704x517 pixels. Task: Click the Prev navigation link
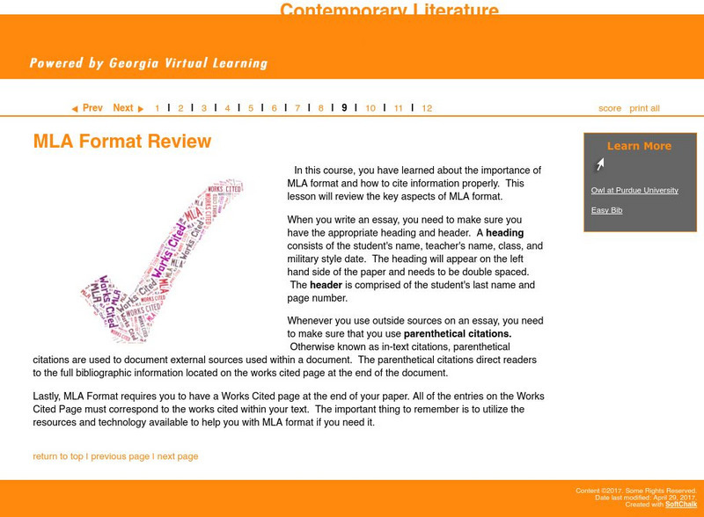[87, 108]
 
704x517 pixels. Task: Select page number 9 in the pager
[344, 108]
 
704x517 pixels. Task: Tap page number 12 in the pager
[427, 108]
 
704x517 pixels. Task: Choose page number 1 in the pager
[158, 108]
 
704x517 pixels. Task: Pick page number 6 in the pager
[274, 108]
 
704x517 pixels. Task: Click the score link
[610, 108]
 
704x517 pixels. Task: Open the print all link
[644, 108]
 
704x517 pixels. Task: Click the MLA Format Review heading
[122, 142]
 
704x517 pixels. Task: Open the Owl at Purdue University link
[634, 190]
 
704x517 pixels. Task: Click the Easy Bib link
[606, 210]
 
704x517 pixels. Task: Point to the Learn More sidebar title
[639, 146]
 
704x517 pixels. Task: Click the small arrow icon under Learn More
[599, 164]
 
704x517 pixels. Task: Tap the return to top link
[58, 456]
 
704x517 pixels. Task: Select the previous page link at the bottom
[120, 456]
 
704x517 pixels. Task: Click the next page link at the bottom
[178, 456]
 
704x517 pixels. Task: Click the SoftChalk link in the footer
[680, 505]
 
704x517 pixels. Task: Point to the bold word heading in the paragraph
[504, 233]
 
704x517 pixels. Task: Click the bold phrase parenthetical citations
[457, 334]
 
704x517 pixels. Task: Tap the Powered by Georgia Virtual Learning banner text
[148, 63]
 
